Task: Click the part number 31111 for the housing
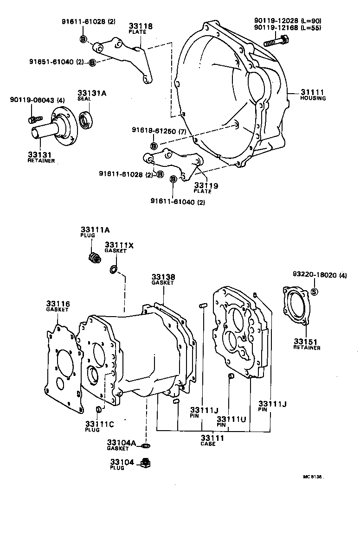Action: point(312,92)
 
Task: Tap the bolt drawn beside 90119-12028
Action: point(276,42)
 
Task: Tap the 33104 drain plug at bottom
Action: point(145,462)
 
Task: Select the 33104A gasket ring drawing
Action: point(145,445)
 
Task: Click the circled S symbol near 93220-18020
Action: point(314,292)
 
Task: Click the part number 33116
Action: point(58,304)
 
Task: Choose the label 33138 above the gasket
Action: point(163,277)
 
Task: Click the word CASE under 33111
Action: point(208,444)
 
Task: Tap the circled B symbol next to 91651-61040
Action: point(92,63)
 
